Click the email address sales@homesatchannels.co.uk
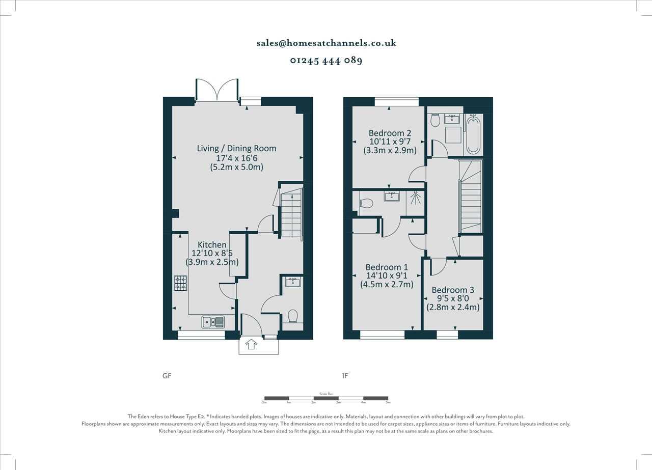(326, 43)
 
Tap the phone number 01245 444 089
(326, 60)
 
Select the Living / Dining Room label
(237, 148)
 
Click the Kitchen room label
(212, 245)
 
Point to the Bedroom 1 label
(387, 267)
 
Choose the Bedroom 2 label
(390, 133)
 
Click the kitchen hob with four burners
(181, 283)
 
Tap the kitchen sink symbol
(213, 321)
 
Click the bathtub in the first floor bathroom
(473, 134)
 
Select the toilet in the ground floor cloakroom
(292, 316)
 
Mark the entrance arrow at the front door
(251, 345)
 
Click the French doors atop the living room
(218, 90)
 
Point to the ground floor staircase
(291, 212)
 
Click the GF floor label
(167, 376)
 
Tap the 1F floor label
(345, 376)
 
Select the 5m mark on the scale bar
(388, 402)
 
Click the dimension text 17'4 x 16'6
(237, 158)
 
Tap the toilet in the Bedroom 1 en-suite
(366, 203)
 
